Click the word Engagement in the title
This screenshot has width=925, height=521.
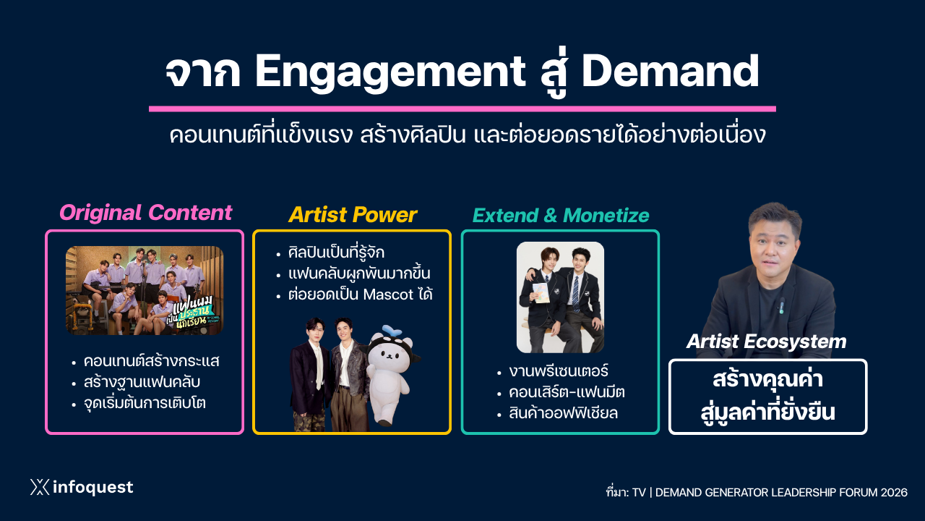390,73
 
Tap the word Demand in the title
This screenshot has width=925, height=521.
670,71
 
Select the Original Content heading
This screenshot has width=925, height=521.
146,213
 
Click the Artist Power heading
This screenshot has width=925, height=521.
352,215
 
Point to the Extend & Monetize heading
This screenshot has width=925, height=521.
560,216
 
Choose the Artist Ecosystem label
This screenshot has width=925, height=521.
767,342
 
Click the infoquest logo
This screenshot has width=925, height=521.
82,487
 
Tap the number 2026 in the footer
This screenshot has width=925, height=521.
894,493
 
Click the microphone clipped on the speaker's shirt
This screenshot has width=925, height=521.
782,305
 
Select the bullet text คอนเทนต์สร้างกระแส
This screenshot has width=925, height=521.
152,361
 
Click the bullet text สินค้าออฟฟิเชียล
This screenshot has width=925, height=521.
563,413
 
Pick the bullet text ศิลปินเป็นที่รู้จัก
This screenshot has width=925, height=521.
336,253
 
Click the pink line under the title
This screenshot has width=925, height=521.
462,109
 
